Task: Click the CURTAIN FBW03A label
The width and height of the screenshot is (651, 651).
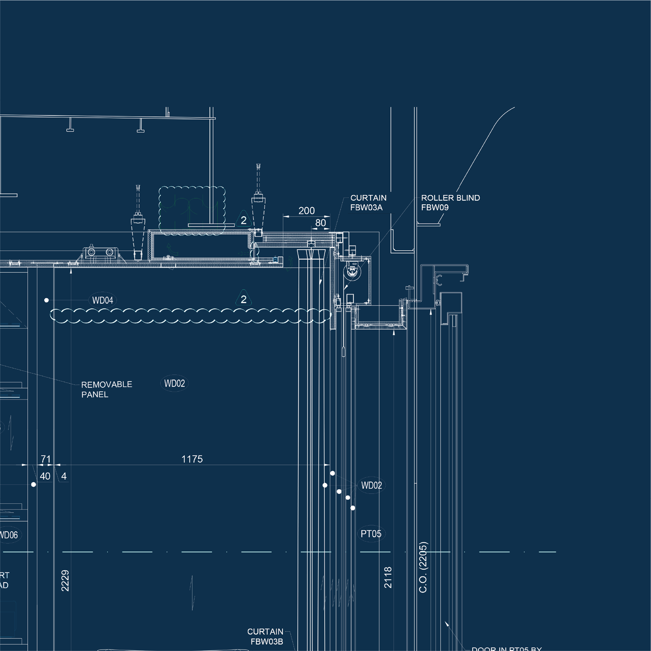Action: pos(368,203)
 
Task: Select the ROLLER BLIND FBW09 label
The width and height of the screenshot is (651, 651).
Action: pos(450,203)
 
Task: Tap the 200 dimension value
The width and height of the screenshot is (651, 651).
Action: pos(306,211)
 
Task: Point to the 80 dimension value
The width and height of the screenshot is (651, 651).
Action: pos(321,223)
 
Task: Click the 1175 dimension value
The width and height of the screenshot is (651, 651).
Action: pos(192,459)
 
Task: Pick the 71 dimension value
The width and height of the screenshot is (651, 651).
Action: pos(46,459)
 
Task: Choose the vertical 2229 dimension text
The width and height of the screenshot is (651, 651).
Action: pos(65,581)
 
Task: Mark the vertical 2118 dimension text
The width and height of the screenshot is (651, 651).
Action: pos(388,577)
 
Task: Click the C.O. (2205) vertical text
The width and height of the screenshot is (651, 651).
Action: pos(423,567)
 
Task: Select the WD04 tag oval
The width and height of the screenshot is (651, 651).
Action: pos(103,301)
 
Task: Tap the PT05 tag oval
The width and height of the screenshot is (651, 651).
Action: pos(371,534)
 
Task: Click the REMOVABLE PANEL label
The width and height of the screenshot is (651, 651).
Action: pos(107,389)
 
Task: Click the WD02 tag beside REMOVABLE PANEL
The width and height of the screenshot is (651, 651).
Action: pos(175,384)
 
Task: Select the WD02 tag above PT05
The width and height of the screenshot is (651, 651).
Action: pos(371,485)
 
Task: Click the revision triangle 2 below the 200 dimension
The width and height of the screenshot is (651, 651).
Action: pos(243,220)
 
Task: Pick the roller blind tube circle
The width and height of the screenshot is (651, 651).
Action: pos(352,271)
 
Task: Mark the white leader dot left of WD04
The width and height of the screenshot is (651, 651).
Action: pos(46,300)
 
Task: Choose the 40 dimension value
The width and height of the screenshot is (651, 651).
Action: pos(45,476)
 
